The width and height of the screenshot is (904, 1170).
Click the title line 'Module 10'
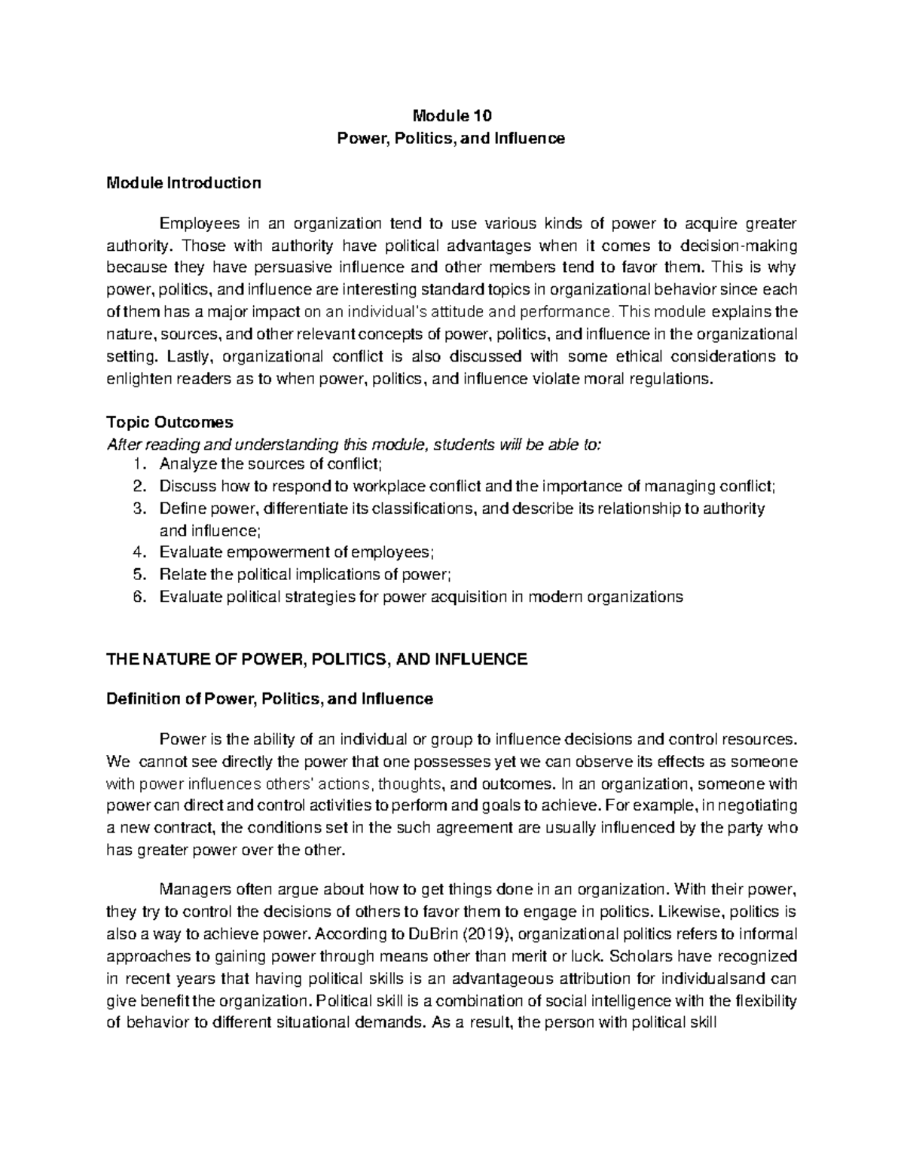pyautogui.click(x=451, y=116)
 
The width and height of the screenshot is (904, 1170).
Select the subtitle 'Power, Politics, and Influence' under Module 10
pyautogui.click(x=451, y=139)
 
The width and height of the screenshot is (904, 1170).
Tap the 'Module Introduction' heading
pyautogui.click(x=184, y=182)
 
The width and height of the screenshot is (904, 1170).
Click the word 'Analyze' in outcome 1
pyautogui.click(x=184, y=464)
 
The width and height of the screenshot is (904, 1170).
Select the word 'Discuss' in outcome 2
pyautogui.click(x=184, y=486)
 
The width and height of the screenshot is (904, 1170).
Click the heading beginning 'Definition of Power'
pyautogui.click(x=270, y=698)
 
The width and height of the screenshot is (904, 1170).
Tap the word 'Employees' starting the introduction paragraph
pyautogui.click(x=192, y=223)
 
